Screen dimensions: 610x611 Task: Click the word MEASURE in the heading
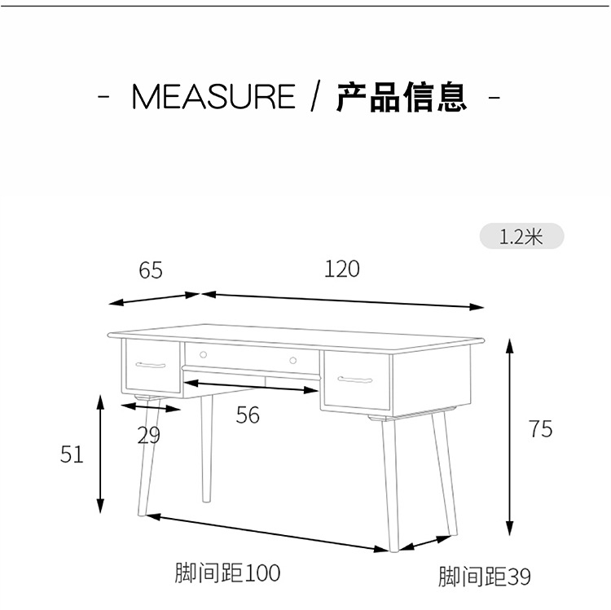pyautogui.click(x=213, y=97)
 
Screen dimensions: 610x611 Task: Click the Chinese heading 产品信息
pyautogui.click(x=402, y=97)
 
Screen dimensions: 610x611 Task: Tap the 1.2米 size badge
pyautogui.click(x=521, y=237)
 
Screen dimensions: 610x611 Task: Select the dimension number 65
pyautogui.click(x=151, y=270)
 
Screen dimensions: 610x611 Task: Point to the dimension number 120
pyautogui.click(x=341, y=269)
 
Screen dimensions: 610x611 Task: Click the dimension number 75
pyautogui.click(x=540, y=429)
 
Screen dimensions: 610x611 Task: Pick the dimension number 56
pyautogui.click(x=248, y=415)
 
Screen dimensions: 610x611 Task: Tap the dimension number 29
pyautogui.click(x=148, y=436)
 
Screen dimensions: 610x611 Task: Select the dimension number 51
pyautogui.click(x=72, y=455)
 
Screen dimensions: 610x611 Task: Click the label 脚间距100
pyautogui.click(x=227, y=573)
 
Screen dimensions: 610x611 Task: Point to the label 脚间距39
pyautogui.click(x=484, y=577)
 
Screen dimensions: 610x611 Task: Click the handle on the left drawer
pyautogui.click(x=151, y=364)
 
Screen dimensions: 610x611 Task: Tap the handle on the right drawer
pyautogui.click(x=355, y=380)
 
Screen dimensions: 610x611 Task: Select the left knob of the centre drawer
pyautogui.click(x=203, y=354)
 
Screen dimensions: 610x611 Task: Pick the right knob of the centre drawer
pyautogui.click(x=292, y=359)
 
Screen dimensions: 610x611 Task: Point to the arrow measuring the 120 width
pyautogui.click(x=342, y=300)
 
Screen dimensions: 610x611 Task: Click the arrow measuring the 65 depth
pyautogui.click(x=155, y=299)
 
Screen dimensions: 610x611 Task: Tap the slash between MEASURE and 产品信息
pyautogui.click(x=316, y=97)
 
